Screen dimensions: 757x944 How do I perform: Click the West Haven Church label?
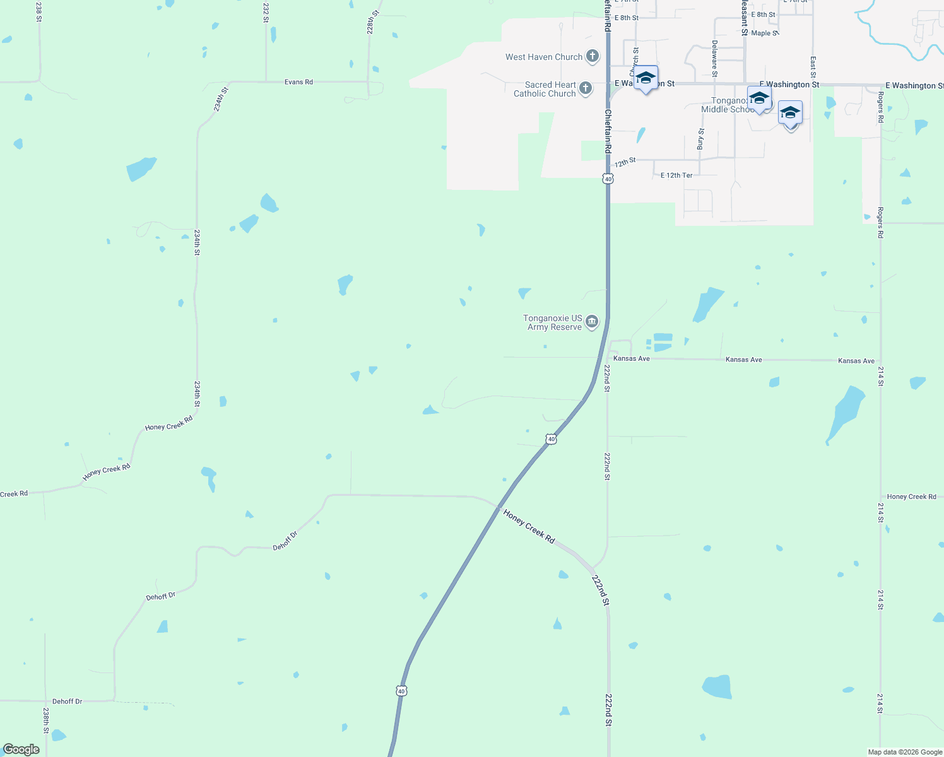(x=544, y=57)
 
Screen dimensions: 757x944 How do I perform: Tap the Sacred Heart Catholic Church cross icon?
(x=586, y=88)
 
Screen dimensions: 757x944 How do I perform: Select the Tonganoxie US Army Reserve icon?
(x=592, y=322)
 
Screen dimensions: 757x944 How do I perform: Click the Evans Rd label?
(x=298, y=82)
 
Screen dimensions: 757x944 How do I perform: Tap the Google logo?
(x=21, y=749)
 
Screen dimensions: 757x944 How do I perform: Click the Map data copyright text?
(x=905, y=752)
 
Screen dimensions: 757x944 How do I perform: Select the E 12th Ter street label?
(x=676, y=175)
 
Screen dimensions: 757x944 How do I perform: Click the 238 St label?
(x=39, y=11)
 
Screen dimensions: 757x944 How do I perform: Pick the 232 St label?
(x=266, y=13)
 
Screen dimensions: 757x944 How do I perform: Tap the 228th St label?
(x=373, y=21)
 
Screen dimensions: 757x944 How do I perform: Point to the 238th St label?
(x=46, y=720)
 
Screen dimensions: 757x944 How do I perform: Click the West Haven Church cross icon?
(x=592, y=56)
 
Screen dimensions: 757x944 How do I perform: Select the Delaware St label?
(x=714, y=58)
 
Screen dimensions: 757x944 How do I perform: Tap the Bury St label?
(x=700, y=139)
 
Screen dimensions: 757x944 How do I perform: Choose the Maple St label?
(x=764, y=33)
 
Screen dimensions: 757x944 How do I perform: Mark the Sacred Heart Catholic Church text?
(x=545, y=89)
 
